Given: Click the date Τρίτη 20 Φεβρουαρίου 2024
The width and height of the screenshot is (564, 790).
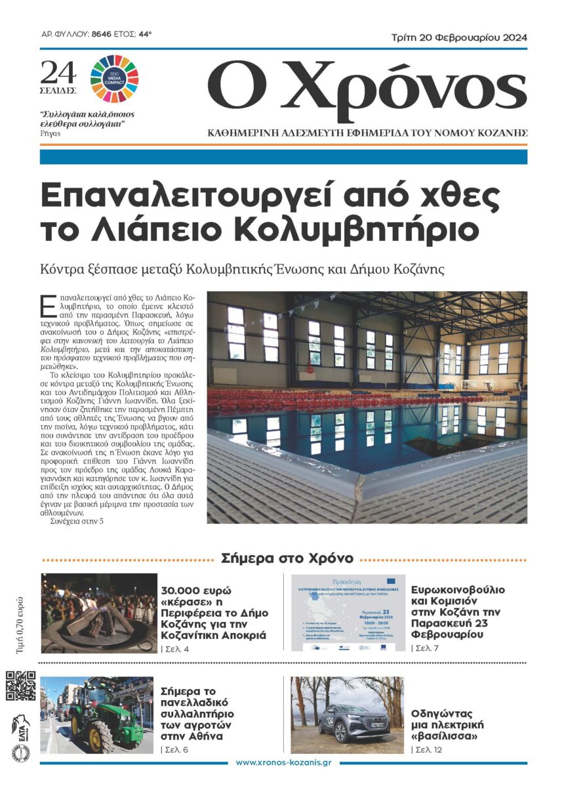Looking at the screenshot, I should (x=463, y=37).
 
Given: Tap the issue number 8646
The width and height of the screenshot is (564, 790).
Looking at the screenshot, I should (x=103, y=32).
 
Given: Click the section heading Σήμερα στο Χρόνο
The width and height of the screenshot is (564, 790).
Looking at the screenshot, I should (x=287, y=558).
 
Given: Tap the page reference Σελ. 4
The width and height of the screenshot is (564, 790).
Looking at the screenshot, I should (x=175, y=650).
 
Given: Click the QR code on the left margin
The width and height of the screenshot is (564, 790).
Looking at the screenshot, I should (x=21, y=685).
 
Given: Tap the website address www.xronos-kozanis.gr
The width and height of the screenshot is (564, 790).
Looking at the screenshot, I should (x=283, y=762).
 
